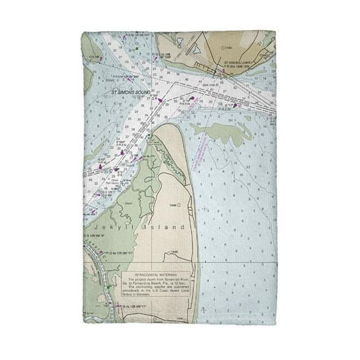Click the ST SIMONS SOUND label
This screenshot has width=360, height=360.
pos(129,92)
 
